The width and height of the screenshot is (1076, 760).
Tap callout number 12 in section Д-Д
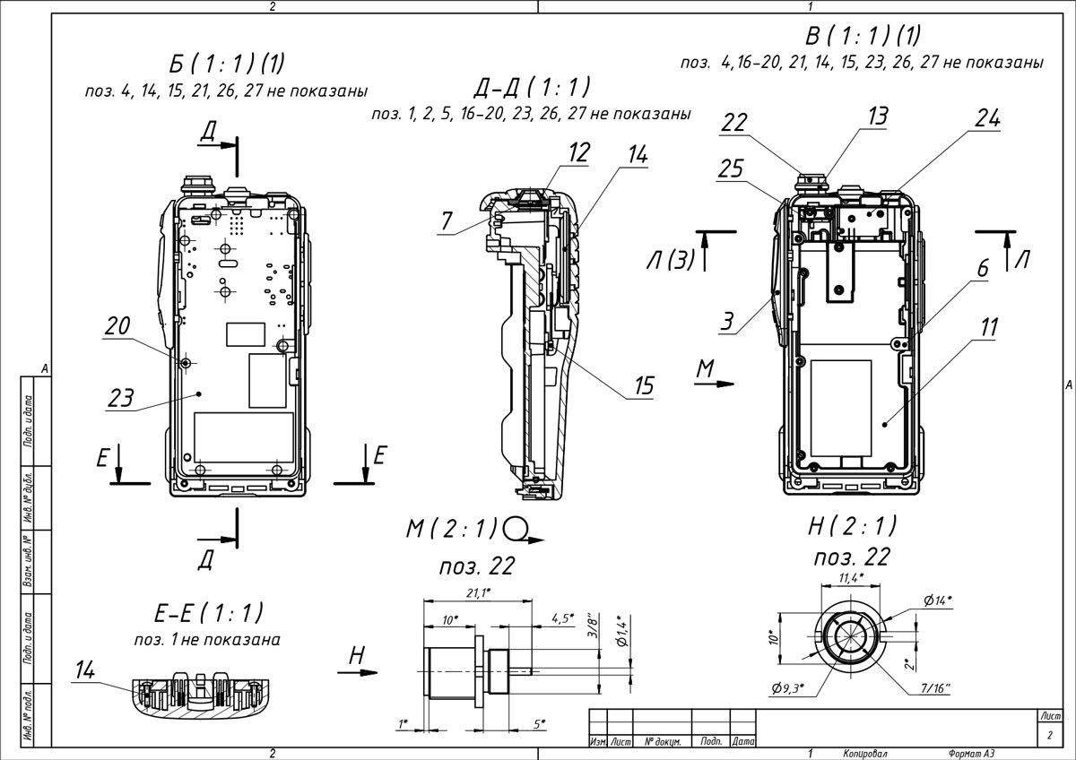[x=579, y=153]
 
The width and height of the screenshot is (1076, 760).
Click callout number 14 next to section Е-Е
[x=87, y=668]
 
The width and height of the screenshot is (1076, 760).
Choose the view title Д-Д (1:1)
[x=532, y=88]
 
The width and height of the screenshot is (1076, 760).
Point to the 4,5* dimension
[x=561, y=618]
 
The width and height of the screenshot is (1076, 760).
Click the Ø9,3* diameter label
[x=787, y=688]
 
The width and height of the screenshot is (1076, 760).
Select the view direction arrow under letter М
[x=715, y=384]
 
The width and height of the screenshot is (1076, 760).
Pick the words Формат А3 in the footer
[x=971, y=753]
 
